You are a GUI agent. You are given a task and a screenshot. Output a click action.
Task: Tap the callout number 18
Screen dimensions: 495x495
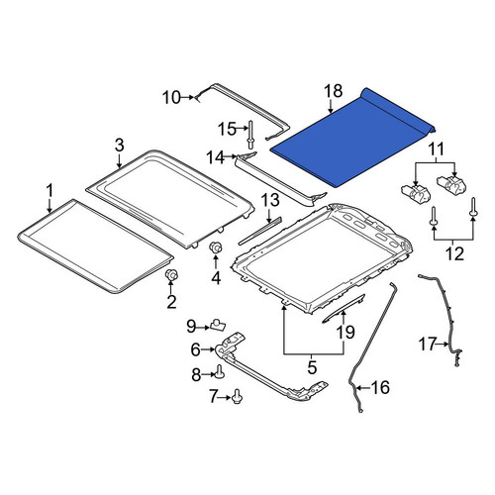(334, 91)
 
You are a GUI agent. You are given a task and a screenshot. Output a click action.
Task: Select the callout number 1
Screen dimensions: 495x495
(49, 191)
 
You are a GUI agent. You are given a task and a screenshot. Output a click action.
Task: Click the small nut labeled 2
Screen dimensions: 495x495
(171, 274)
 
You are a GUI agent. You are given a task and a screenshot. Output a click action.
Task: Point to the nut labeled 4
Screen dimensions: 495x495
(216, 247)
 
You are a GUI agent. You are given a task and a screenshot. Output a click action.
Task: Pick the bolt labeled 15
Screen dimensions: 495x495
(250, 135)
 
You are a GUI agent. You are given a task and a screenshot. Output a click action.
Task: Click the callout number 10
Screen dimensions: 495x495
(171, 98)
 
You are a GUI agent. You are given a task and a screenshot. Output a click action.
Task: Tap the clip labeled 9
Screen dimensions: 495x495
(218, 325)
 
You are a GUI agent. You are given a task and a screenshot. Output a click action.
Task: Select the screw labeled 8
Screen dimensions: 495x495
(219, 372)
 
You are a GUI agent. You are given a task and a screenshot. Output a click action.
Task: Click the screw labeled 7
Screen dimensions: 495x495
(237, 396)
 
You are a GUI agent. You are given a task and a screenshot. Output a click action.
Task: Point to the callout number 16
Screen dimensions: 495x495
(380, 387)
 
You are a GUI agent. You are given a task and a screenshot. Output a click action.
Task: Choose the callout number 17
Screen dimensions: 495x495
(428, 344)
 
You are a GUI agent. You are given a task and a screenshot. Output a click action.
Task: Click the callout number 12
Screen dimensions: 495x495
(455, 253)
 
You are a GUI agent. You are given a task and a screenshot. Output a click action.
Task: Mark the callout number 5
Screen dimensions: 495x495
(312, 367)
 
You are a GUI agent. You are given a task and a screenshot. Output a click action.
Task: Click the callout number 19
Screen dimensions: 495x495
(346, 333)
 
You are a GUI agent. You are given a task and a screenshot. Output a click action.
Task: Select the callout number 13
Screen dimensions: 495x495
(270, 200)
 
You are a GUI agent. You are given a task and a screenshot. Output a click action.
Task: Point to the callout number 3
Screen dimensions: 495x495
(119, 146)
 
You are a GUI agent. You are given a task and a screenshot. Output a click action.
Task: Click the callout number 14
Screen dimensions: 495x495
(216, 157)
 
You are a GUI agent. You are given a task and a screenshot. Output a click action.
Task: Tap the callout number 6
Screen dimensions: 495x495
(195, 349)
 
